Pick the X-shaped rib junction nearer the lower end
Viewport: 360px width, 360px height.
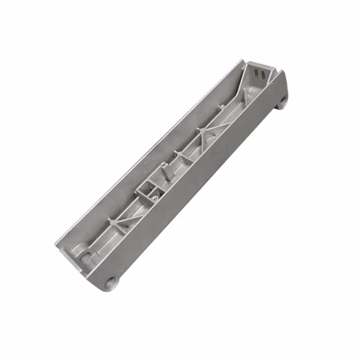(x=117, y=226)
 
